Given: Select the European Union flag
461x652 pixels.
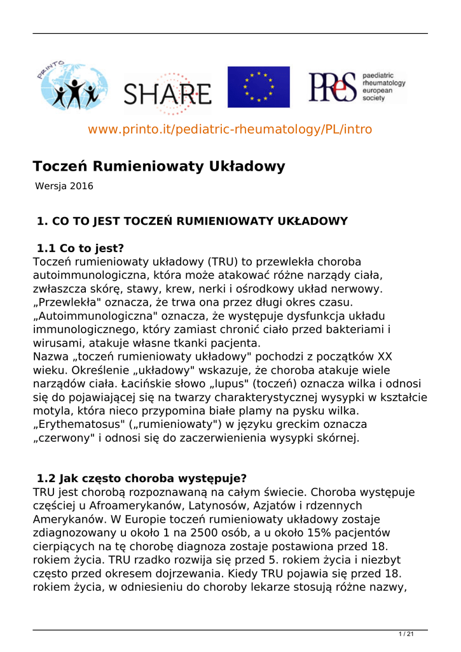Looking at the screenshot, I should click(x=258, y=87).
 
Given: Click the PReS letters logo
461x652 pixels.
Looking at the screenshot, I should click(x=331, y=87).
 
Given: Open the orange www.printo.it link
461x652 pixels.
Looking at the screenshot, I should click(x=230, y=129).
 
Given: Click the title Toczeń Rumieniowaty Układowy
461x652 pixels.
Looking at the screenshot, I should click(x=159, y=166).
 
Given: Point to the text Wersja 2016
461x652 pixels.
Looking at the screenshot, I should click(x=64, y=187).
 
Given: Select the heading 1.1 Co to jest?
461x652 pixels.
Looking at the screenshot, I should click(x=80, y=249).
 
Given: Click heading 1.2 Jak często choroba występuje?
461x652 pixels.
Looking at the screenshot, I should click(x=142, y=478).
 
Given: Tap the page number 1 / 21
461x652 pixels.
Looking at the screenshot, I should click(x=406, y=634).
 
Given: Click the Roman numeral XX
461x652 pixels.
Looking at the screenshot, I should click(x=385, y=357).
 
